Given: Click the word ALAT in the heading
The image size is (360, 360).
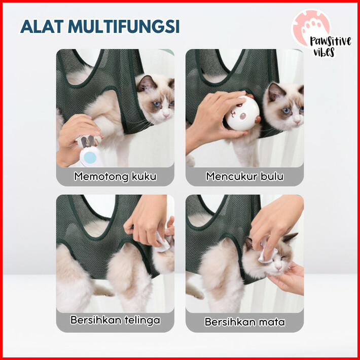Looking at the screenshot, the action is click(42, 27).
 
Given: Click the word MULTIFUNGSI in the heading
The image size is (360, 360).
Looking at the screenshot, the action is click(124, 27).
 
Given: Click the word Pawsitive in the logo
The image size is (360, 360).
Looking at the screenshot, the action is click(331, 42).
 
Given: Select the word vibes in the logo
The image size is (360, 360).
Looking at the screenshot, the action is click(324, 52).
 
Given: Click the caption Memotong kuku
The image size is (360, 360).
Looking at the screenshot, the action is click(115, 176).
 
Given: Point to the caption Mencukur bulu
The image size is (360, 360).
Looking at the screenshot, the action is click(245, 176).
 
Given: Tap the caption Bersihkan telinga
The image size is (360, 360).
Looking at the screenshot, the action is click(115, 320).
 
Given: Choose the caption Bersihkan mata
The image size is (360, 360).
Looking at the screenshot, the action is click(245, 321).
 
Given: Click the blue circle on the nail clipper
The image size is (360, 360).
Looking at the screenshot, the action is click(90, 158).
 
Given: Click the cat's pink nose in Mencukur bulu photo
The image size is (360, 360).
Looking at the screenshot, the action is click(297, 121).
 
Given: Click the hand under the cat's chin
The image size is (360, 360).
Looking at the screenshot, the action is click(287, 279).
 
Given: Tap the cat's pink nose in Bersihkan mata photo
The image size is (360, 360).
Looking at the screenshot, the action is click(278, 268).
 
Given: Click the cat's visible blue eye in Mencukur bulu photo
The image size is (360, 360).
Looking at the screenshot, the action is click(286, 111).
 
